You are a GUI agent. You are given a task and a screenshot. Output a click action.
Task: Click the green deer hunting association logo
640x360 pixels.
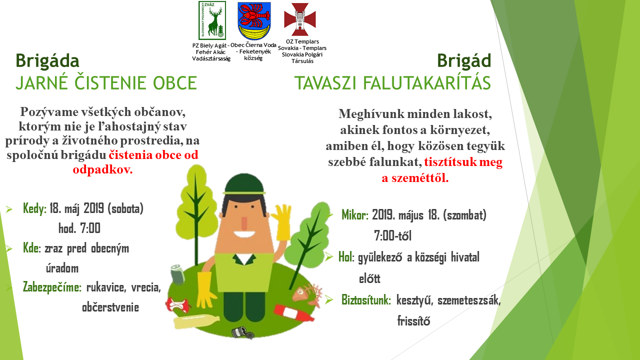(212, 20)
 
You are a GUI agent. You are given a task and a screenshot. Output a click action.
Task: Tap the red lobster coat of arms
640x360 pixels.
(254, 21)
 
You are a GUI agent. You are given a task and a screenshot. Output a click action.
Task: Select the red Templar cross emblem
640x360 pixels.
(300, 19)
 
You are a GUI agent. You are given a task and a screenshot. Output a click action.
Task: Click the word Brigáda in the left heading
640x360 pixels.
(47, 61)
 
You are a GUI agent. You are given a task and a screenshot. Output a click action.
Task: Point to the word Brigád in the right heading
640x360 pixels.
(464, 60)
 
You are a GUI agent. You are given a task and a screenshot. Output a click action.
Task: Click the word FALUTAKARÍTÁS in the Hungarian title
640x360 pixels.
(427, 83)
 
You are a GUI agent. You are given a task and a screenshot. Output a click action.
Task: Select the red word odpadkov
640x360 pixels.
(103, 169)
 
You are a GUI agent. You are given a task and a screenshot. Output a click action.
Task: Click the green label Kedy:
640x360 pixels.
(34, 208)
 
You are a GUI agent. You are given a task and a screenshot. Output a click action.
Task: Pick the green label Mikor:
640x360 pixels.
(355, 215)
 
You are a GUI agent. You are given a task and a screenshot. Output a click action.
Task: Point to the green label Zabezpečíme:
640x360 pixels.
(52, 287)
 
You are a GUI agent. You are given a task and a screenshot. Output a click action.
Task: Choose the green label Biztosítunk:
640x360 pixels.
(366, 300)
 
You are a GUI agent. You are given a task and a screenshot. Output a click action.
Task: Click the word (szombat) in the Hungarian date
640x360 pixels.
(464, 215)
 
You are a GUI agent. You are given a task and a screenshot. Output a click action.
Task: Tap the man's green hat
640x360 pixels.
(244, 184)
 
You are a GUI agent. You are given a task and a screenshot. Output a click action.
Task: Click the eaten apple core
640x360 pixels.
(177, 305)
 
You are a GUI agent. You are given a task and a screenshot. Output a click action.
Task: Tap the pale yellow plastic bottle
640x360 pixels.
(196, 321)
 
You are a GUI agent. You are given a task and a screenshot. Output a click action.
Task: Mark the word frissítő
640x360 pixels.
(413, 321)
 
